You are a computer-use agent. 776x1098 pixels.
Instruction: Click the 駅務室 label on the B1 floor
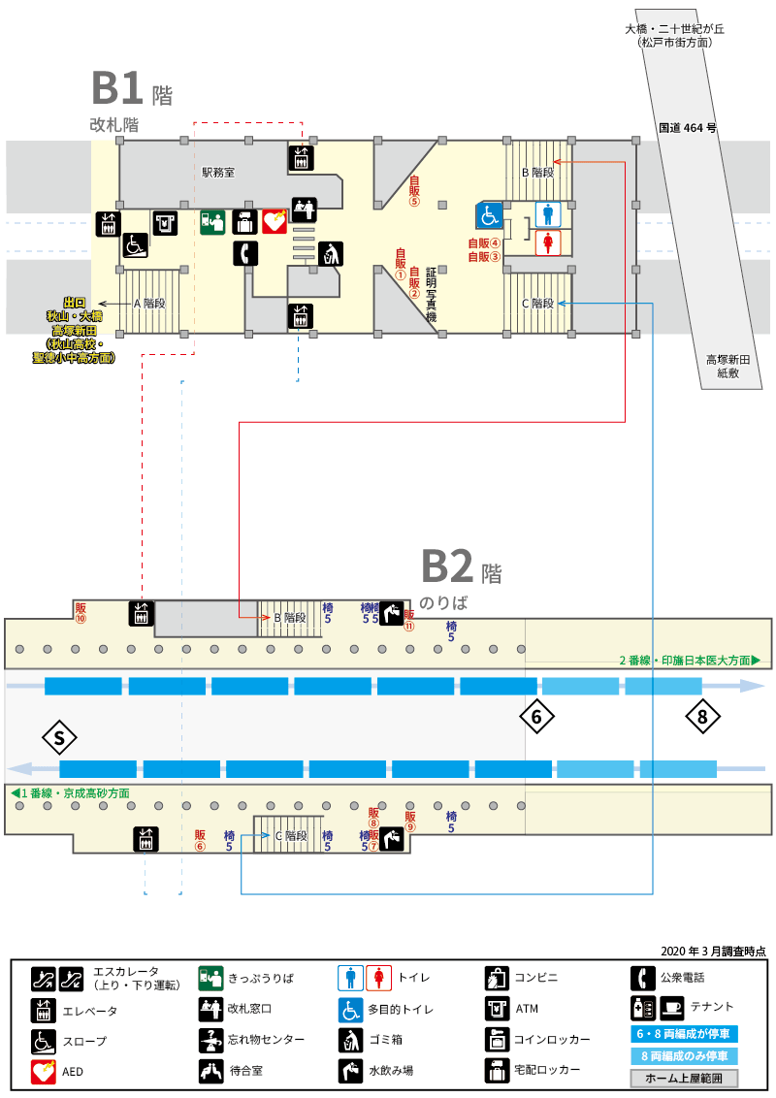point(218,173)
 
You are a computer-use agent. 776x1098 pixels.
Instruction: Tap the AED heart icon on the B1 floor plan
point(275,221)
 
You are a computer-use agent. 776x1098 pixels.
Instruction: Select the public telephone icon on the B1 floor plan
point(245,253)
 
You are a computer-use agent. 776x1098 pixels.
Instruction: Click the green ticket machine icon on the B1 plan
point(212,222)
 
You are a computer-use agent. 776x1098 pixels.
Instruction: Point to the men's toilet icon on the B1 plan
point(548,213)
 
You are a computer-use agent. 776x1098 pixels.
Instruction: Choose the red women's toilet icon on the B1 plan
point(548,242)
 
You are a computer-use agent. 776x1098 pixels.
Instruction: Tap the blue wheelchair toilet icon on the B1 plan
point(490,215)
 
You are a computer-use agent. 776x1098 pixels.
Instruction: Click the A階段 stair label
point(149,304)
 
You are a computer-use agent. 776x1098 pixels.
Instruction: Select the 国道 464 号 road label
point(687,127)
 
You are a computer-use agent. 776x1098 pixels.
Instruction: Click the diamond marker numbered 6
point(536,717)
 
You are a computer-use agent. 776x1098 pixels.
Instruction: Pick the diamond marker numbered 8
point(702,717)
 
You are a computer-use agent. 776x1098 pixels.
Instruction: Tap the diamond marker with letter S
point(59,737)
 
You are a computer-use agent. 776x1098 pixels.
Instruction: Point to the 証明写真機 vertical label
point(431,295)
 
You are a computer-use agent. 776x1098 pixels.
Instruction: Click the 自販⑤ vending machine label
point(414,191)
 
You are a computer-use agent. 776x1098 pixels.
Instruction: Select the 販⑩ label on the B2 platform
point(81,613)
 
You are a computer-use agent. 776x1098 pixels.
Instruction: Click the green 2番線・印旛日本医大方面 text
point(689,661)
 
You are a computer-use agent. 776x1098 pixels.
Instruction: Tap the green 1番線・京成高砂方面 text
point(71,792)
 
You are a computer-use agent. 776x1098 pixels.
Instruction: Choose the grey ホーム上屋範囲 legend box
point(684,1078)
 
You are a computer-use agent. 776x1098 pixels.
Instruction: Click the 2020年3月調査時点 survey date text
point(713,951)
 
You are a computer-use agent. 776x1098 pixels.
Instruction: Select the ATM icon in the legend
point(497,1009)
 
